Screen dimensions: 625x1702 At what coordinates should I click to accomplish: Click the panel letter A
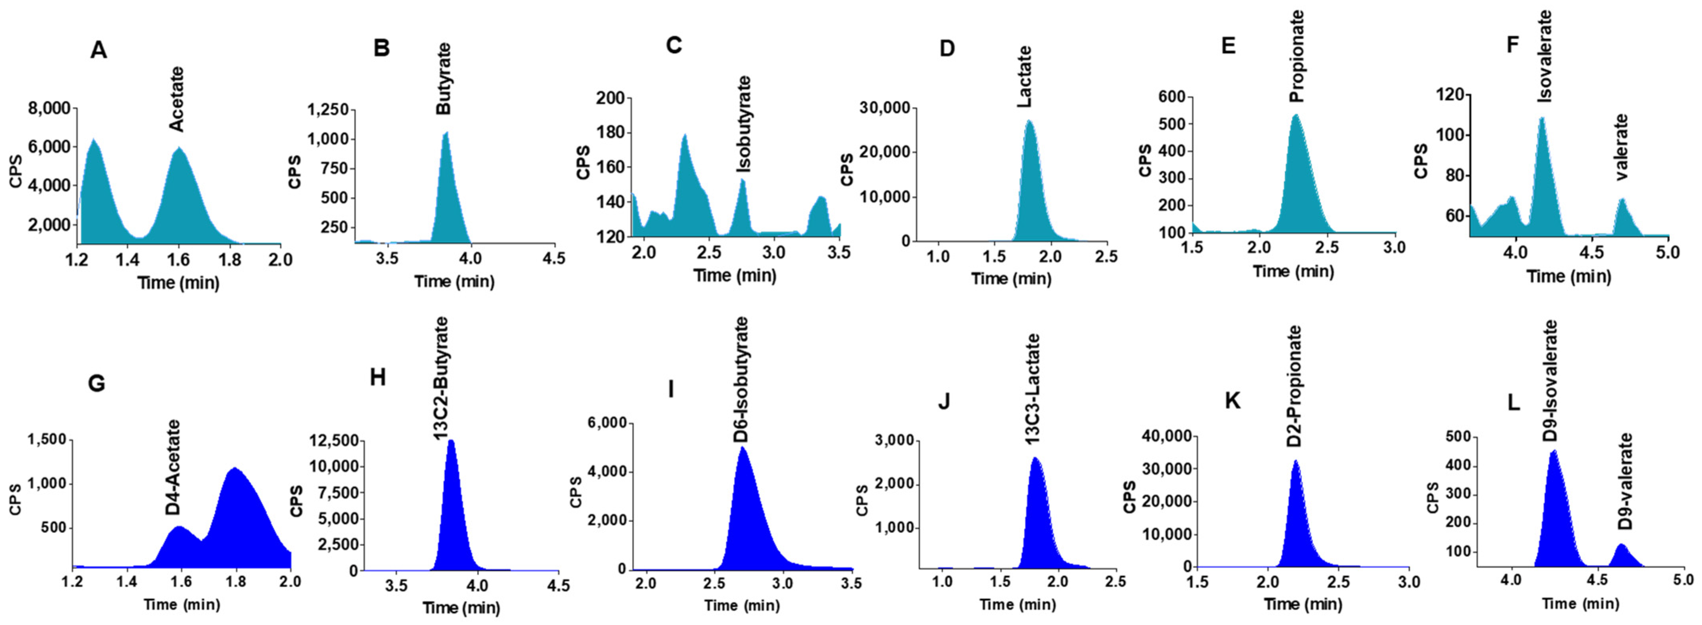click(x=99, y=50)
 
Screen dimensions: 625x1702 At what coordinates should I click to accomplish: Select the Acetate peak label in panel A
click(x=176, y=99)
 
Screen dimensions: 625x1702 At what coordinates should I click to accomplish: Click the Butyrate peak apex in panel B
click(x=446, y=133)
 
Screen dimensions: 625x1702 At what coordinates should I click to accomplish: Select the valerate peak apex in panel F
click(x=1621, y=199)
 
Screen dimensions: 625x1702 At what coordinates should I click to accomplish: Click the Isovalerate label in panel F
click(x=1544, y=56)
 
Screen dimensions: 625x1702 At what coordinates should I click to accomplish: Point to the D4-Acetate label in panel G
click(x=173, y=467)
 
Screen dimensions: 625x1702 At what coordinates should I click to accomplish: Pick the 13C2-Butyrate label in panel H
click(x=441, y=378)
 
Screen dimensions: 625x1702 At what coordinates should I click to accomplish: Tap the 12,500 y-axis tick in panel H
click(x=335, y=441)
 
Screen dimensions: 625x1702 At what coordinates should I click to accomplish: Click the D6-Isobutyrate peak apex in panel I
click(x=742, y=448)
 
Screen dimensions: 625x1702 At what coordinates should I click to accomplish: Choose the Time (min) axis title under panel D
click(x=1011, y=279)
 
